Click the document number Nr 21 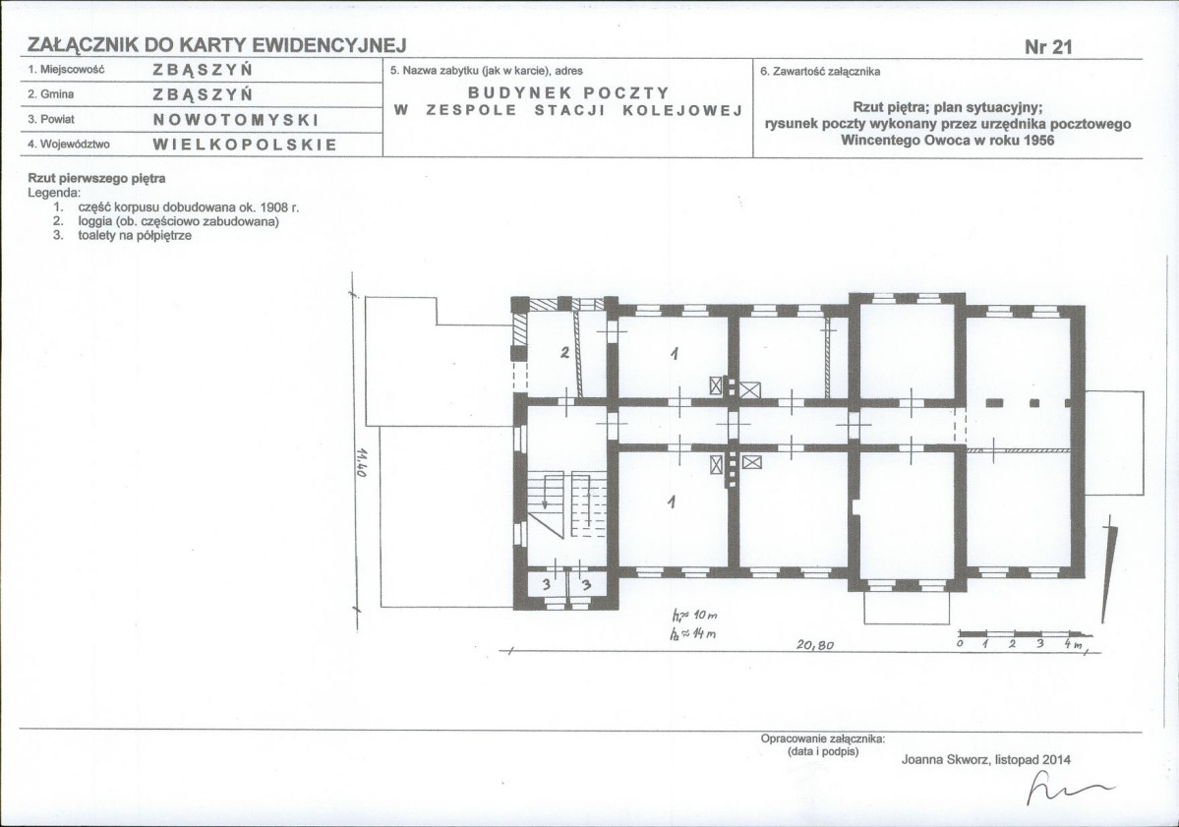coord(1048,46)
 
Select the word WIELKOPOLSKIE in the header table coord(245,145)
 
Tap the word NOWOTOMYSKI coord(236,120)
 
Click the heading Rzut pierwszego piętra coord(96,179)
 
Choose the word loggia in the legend coord(94,222)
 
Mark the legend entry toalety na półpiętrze coord(135,236)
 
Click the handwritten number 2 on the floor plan coord(564,352)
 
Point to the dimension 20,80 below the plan coord(815,645)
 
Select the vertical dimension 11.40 coord(362,463)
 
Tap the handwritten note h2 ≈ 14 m coord(692,634)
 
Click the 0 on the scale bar coord(960,644)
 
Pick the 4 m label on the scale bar coord(1073,644)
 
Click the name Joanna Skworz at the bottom coord(945,760)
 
